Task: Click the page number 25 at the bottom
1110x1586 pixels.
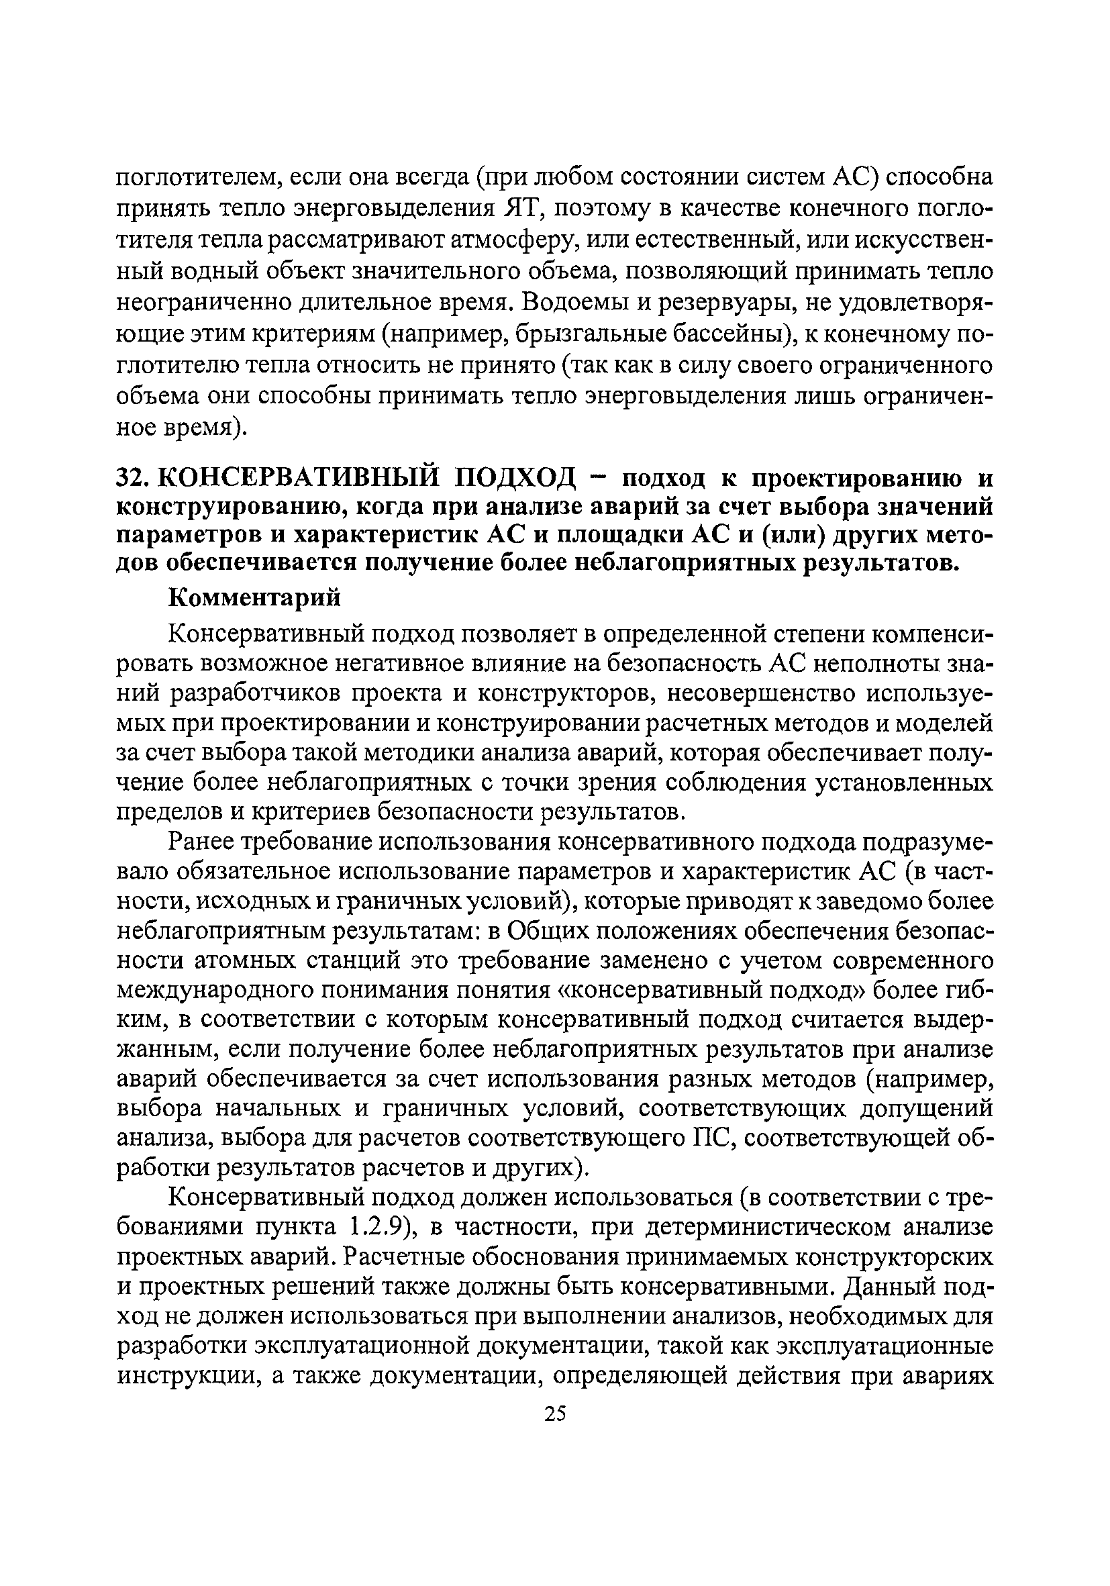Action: (554, 1414)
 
